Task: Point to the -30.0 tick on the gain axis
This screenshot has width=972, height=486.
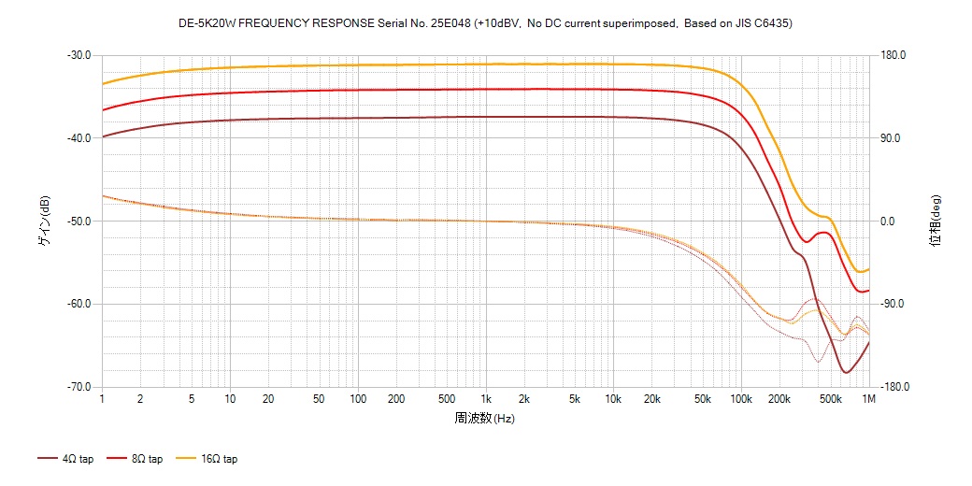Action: coord(79,55)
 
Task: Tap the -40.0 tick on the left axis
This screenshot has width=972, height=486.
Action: coord(79,138)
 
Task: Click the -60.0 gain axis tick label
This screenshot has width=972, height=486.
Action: coord(79,304)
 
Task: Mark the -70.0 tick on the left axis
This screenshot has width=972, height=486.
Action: coord(79,387)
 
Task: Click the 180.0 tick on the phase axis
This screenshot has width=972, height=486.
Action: coord(893,55)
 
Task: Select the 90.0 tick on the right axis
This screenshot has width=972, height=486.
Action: coord(892,138)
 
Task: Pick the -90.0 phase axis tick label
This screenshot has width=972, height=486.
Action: coord(893,304)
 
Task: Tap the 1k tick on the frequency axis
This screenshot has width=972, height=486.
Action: coord(485,399)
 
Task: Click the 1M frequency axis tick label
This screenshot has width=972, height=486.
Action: coord(868,399)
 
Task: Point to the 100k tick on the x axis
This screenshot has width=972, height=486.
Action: coord(741,399)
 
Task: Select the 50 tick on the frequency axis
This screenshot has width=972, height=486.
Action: coord(319,399)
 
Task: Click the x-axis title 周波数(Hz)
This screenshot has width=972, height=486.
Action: coord(485,418)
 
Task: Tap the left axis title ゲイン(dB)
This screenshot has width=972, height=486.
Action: coord(44,221)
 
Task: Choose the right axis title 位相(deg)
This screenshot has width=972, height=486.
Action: coord(935,221)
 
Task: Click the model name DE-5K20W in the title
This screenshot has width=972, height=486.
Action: coord(209,23)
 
